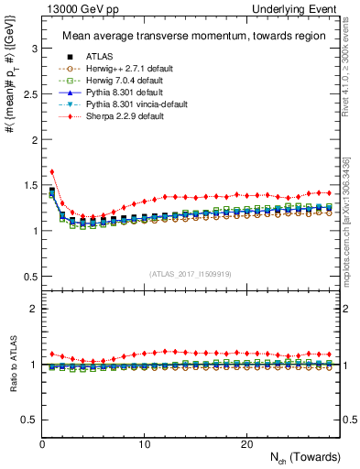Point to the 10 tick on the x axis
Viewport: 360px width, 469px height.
pyautogui.click(x=144, y=444)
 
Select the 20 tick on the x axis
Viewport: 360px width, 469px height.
pyautogui.click(x=245, y=444)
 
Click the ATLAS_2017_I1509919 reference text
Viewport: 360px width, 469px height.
pyautogui.click(x=191, y=273)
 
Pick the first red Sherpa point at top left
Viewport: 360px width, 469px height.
pyautogui.click(x=52, y=171)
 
